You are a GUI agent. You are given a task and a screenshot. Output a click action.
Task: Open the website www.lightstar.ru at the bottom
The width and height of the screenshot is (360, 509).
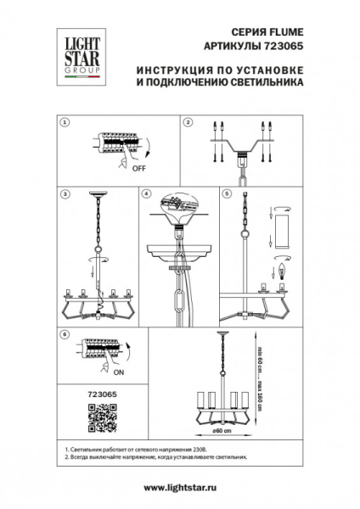(x=180, y=487)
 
